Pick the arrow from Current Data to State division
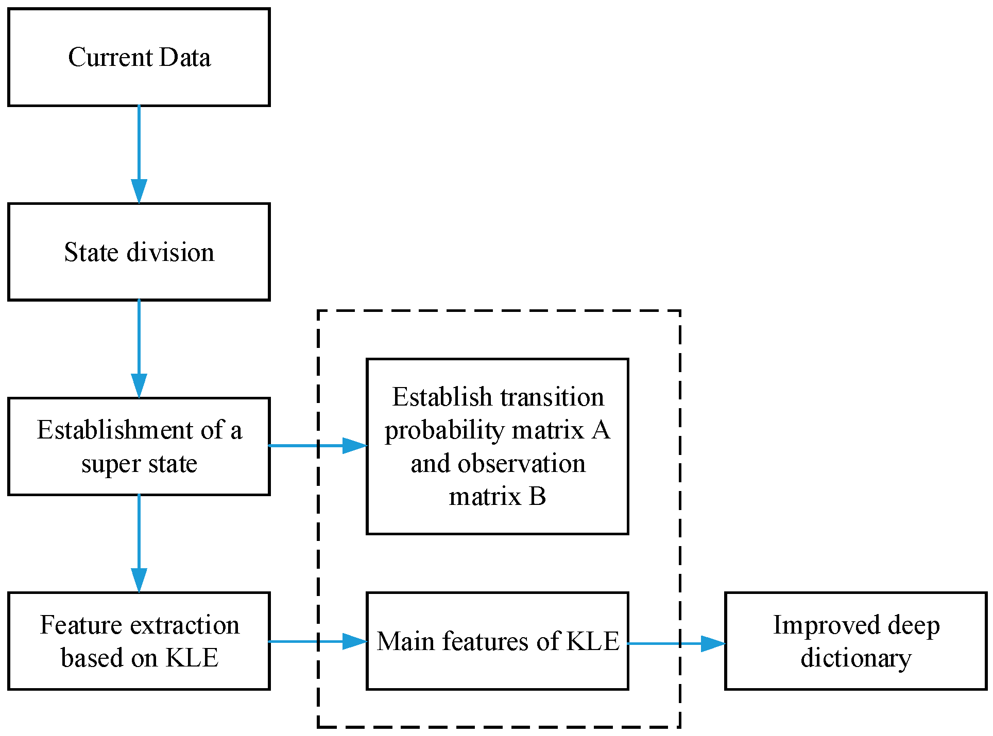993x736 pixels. tap(139, 154)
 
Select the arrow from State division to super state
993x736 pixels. tap(139, 349)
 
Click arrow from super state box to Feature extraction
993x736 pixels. tap(139, 544)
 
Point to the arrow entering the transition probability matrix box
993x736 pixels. tap(318, 446)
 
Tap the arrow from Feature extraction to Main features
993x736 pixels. tap(318, 641)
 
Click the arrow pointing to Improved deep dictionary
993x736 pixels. tap(676, 643)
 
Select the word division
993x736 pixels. tap(170, 252)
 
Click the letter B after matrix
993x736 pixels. tap(537, 497)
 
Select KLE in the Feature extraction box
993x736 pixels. tap(192, 658)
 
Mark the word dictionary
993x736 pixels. tap(855, 658)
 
